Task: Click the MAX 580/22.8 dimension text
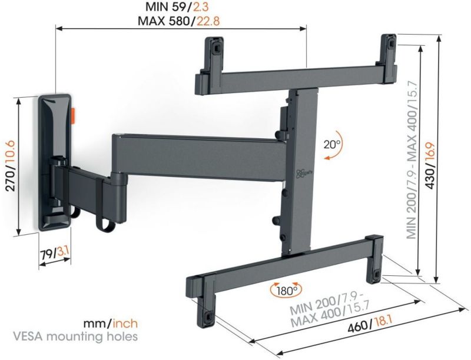(x=179, y=21)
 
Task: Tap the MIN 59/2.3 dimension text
(x=180, y=6)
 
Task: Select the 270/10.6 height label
(x=11, y=164)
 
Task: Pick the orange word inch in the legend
(x=125, y=323)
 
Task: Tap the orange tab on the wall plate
(x=73, y=115)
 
